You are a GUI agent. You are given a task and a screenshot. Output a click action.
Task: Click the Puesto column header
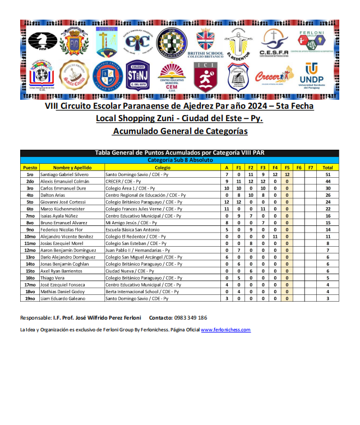coord(30,167)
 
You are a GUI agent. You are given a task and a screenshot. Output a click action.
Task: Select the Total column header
coord(328,167)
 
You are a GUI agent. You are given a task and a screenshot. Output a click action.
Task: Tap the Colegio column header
coord(162,167)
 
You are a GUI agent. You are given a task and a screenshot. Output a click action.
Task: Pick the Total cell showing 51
coord(328,174)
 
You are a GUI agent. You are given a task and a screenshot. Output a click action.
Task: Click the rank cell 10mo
coord(30,237)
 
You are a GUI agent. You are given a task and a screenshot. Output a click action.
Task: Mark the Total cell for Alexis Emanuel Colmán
coord(328,181)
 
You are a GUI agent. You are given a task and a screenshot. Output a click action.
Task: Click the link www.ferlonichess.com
coord(225,330)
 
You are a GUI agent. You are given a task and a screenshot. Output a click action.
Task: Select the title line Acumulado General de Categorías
coord(179,131)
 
